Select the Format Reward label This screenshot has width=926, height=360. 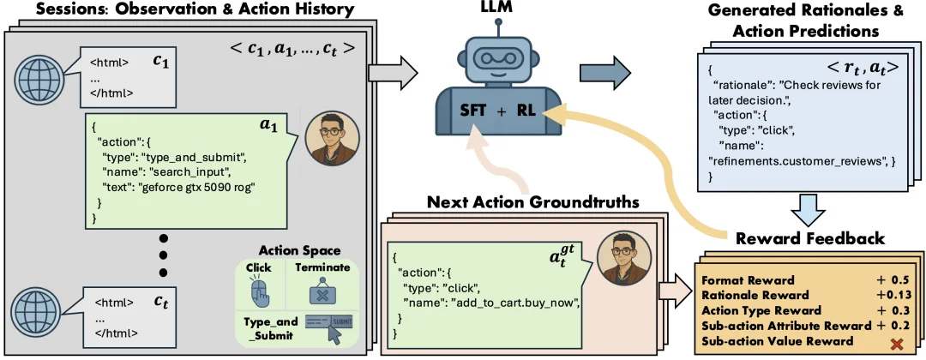click(748, 280)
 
